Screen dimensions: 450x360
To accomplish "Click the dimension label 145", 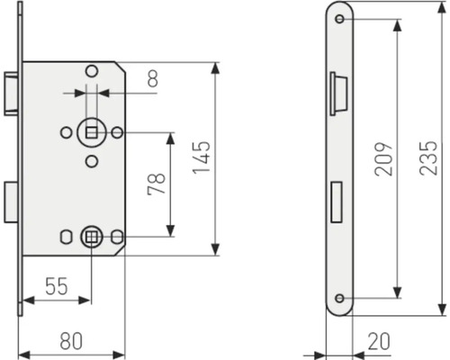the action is pos(202,157).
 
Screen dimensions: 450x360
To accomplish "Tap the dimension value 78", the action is pos(157,184).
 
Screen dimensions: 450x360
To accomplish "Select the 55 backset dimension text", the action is pos(57,286).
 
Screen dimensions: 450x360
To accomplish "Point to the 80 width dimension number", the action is pos(71,341).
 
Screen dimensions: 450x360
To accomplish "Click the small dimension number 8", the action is pos(153,78).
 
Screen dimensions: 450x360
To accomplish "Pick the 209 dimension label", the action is pos(383,158).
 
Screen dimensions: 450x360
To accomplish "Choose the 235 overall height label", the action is pos(428,158).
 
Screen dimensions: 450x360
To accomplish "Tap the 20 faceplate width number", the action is pos(379,341).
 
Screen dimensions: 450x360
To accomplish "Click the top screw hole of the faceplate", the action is pos(339,19).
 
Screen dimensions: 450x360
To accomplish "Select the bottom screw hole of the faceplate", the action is pos(339,298).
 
